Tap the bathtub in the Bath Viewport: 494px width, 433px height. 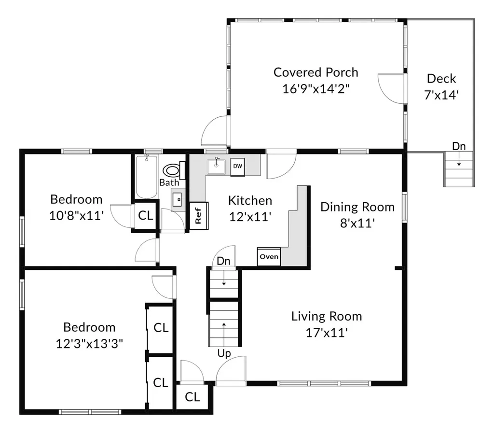[147, 177]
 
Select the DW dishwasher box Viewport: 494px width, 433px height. [237, 167]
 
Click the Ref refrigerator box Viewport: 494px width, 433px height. [199, 216]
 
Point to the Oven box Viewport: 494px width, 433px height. [269, 256]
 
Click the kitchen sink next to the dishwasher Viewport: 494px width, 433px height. [216, 166]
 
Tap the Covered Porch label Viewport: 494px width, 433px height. [316, 72]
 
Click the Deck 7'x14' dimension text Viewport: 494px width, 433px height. [441, 95]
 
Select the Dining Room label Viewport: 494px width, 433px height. [357, 207]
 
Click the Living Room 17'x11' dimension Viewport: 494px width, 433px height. [327, 333]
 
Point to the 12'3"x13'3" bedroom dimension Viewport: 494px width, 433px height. [89, 343]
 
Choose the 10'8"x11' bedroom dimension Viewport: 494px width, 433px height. [77, 216]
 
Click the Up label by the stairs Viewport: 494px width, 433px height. [224, 353]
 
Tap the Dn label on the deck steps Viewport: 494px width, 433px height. [459, 146]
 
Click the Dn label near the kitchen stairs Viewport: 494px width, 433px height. [223, 261]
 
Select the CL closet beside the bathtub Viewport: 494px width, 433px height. [145, 216]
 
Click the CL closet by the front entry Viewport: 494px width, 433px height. [192, 397]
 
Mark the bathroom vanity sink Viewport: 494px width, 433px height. [178, 199]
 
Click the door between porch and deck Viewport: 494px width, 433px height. [391, 88]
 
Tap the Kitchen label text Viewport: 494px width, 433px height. [250, 200]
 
